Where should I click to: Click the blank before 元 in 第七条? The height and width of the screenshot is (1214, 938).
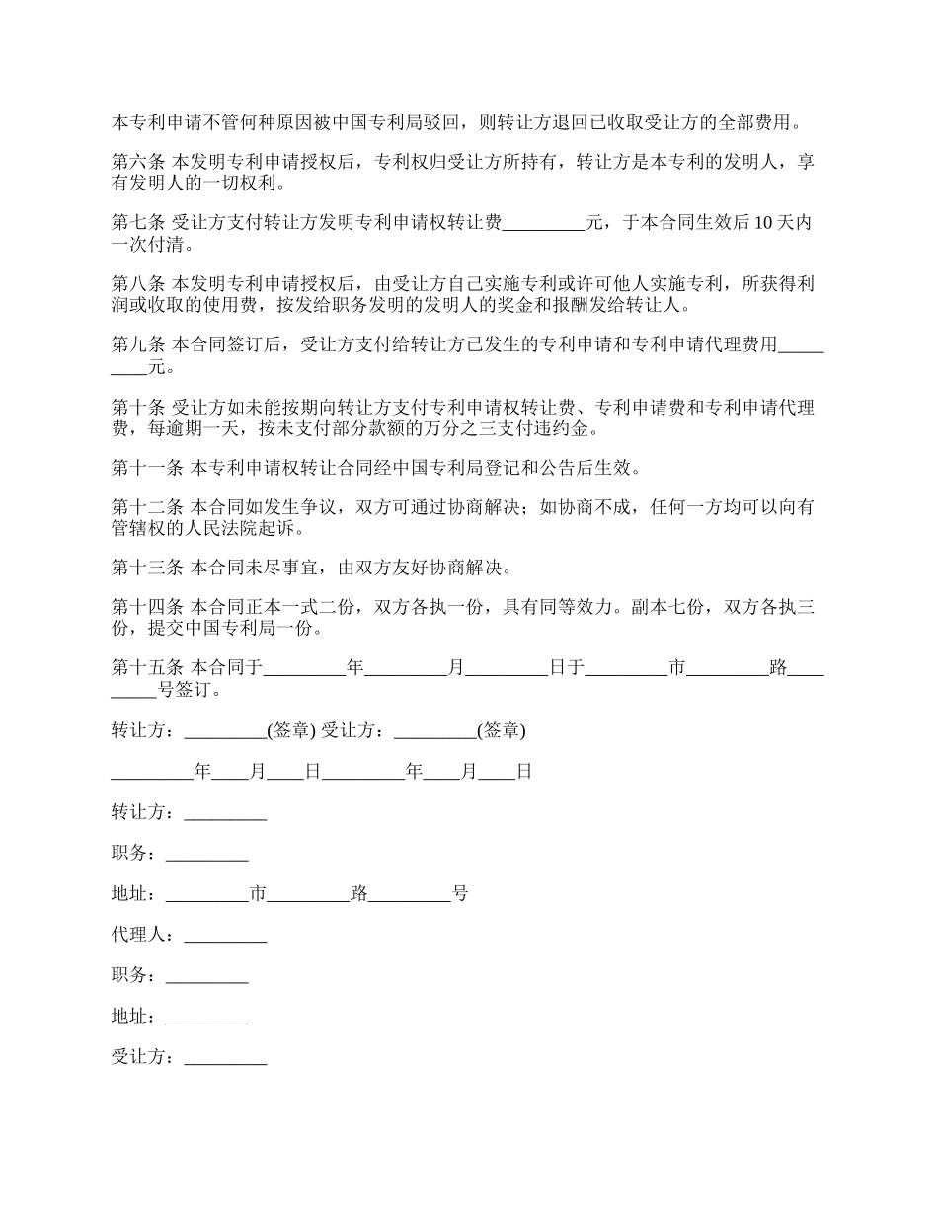click(x=544, y=224)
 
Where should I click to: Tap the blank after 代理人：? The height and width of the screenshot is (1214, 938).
click(x=225, y=935)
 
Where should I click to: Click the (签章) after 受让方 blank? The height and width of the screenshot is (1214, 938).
click(x=501, y=731)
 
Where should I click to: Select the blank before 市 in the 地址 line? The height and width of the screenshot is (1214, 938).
click(x=207, y=894)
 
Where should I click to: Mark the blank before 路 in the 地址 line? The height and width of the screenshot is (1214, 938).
click(x=309, y=894)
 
